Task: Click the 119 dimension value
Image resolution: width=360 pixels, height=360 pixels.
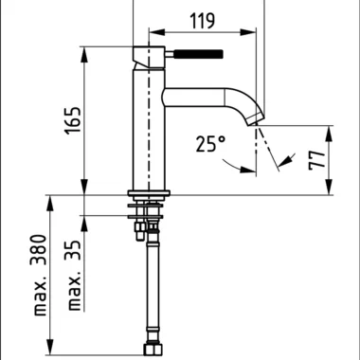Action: pyautogui.click(x=203, y=21)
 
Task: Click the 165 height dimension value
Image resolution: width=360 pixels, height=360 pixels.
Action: pyautogui.click(x=73, y=120)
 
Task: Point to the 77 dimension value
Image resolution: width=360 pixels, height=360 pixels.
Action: pyautogui.click(x=316, y=160)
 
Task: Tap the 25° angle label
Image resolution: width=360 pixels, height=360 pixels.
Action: pyautogui.click(x=210, y=144)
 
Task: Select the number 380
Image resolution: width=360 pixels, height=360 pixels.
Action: pyautogui.click(x=40, y=250)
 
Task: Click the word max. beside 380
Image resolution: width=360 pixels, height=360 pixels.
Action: pyautogui.click(x=40, y=296)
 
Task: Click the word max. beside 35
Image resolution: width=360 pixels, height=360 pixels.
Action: pyautogui.click(x=75, y=291)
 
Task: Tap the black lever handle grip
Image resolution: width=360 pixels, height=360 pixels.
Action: pyautogui.click(x=198, y=54)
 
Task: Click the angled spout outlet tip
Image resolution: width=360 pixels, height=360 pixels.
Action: pyautogui.click(x=256, y=120)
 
